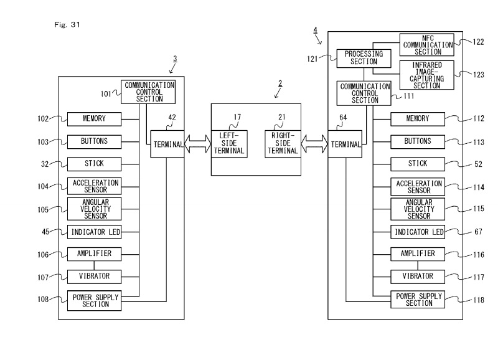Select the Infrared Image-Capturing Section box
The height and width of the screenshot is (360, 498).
click(x=426, y=75)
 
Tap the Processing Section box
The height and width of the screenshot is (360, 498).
click(x=364, y=59)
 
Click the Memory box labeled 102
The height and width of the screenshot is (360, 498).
click(x=94, y=119)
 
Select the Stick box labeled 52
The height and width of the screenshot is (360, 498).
click(x=418, y=164)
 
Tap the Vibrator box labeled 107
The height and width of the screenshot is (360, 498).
click(x=94, y=277)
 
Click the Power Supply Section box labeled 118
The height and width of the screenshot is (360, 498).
click(x=418, y=299)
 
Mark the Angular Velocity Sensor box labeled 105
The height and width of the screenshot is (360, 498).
click(x=94, y=209)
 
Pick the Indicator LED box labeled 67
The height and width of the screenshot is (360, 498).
click(x=418, y=232)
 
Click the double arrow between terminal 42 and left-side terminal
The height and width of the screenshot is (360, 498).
click(x=197, y=144)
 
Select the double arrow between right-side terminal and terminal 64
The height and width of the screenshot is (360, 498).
click(x=314, y=144)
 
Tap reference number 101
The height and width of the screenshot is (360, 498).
click(x=106, y=94)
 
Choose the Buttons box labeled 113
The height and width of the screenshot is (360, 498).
click(x=418, y=141)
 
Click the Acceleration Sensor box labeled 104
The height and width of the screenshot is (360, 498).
click(x=94, y=186)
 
